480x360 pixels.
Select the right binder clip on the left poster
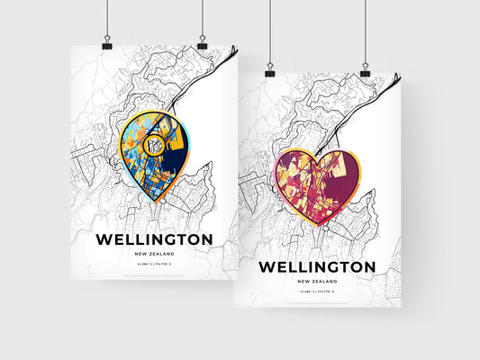pos(202,43)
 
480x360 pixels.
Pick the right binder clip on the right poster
pos(366,68)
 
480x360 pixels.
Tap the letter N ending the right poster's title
pos(368,267)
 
